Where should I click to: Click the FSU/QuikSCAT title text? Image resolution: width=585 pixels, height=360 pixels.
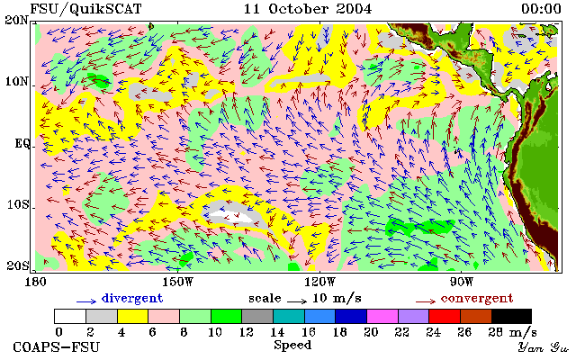click(x=85, y=9)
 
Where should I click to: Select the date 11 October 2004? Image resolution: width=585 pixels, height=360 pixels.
click(x=308, y=9)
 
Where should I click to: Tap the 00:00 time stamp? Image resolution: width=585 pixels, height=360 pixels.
click(x=541, y=9)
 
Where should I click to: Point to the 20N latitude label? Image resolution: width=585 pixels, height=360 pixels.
click(x=16, y=20)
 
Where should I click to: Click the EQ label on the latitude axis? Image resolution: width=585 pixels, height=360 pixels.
click(x=22, y=144)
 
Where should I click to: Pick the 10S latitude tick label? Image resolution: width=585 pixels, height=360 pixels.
click(x=18, y=204)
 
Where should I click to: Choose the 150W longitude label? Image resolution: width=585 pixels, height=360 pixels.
click(x=178, y=282)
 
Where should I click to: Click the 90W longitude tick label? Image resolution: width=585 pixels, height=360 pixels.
click(x=462, y=282)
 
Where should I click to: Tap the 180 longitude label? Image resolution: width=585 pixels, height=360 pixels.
click(x=35, y=282)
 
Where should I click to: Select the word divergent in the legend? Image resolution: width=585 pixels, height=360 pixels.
click(x=132, y=298)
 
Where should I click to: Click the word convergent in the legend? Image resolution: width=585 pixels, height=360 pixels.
click(x=477, y=298)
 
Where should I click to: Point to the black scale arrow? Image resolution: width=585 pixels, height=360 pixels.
click(x=297, y=301)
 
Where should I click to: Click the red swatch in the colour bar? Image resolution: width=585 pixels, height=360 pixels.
click(x=445, y=317)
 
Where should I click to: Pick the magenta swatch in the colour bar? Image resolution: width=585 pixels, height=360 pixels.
click(x=382, y=317)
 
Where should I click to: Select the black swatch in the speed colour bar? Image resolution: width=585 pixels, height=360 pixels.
click(x=511, y=317)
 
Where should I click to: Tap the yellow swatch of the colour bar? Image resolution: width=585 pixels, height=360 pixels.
click(x=133, y=317)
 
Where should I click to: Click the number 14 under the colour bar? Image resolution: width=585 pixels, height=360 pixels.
click(x=277, y=332)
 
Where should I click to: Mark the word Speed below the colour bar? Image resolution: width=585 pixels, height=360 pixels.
click(x=292, y=346)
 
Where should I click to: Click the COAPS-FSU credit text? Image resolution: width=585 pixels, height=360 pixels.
click(x=57, y=347)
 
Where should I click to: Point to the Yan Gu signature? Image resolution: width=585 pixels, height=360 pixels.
click(x=544, y=347)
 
